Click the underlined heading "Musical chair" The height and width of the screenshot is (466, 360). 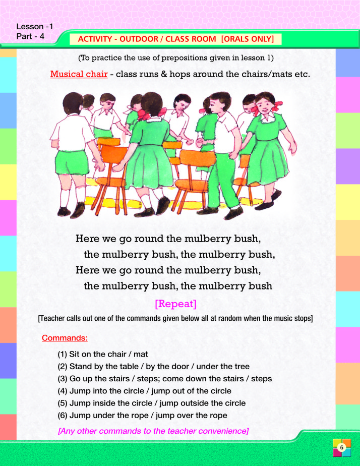(79, 74)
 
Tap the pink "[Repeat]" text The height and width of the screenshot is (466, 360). (176, 304)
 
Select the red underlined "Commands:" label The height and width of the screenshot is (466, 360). (65, 338)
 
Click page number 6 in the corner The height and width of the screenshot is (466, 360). (341, 447)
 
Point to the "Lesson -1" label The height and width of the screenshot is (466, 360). (35, 26)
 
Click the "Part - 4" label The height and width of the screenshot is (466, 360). (30, 36)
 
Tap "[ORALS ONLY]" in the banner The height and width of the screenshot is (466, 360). (248, 39)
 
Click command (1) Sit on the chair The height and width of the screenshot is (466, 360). (103, 354)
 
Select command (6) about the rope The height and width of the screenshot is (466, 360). (142, 415)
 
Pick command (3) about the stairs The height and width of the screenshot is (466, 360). (165, 379)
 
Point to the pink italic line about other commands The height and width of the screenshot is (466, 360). (153, 431)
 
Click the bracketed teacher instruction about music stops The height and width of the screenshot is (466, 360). (175, 318)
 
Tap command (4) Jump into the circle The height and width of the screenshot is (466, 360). (144, 391)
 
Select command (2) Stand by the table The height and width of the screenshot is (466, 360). (154, 367)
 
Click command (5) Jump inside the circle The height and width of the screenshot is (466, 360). (151, 403)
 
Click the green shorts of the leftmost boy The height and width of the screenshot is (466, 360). (72, 163)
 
